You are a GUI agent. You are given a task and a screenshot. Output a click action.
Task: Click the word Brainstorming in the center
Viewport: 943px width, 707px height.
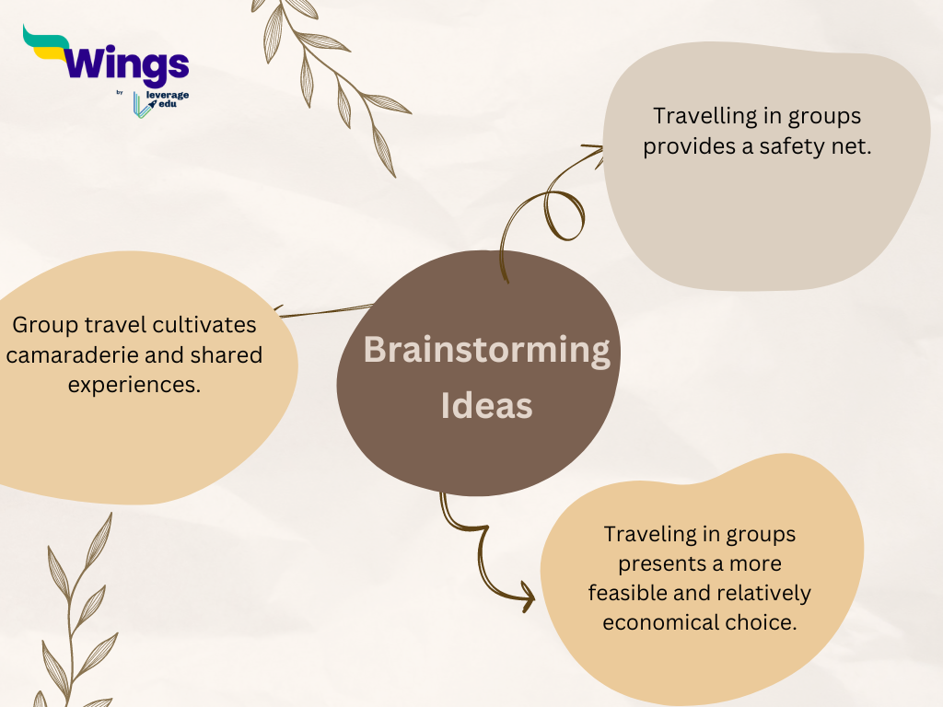(486, 351)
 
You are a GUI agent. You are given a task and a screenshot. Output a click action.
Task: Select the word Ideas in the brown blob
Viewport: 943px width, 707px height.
(486, 405)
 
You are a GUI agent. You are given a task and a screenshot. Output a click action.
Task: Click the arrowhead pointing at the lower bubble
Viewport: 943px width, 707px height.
(528, 597)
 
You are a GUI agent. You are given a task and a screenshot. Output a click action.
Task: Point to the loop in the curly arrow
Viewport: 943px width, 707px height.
(564, 215)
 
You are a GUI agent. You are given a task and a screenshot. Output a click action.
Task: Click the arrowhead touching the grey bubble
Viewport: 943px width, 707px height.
(596, 151)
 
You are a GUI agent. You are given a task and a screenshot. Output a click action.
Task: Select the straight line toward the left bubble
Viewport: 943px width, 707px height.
(325, 311)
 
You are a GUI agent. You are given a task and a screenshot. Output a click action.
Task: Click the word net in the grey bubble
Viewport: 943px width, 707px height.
(856, 146)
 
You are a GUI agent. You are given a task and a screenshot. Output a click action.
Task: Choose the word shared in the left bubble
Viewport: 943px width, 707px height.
(227, 354)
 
